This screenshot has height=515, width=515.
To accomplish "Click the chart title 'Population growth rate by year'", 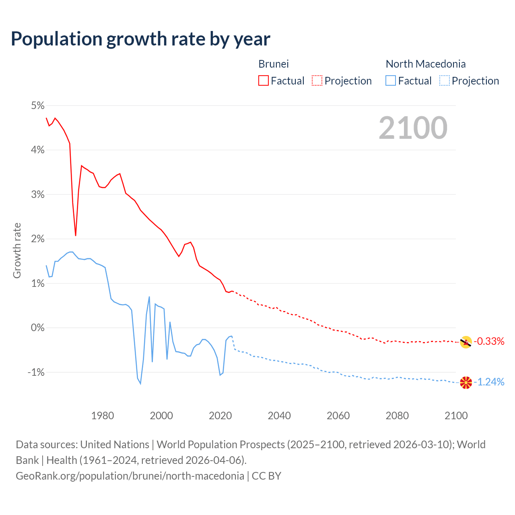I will (140, 39).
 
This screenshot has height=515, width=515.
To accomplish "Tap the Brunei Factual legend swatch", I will (263, 80).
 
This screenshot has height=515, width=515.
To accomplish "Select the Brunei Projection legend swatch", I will (317, 80).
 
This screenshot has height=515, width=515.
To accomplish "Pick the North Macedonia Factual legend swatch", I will (390, 80).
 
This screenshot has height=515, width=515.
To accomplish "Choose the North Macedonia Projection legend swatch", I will (444, 80).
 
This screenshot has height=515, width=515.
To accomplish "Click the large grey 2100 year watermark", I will (413, 128).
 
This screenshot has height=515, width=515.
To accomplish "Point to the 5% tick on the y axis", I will (37, 105).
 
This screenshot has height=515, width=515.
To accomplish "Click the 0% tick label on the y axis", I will (37, 328).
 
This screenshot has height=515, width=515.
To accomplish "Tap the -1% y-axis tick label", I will (36, 372).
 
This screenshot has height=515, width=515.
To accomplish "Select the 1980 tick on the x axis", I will (103, 416).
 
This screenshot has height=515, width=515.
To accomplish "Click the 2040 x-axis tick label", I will (279, 416).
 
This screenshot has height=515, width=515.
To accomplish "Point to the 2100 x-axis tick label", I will (456, 416).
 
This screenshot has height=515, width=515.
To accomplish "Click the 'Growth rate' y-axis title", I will (17, 250).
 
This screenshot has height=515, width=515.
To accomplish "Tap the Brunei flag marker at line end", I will (466, 342).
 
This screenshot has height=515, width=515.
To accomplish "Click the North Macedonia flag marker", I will (466, 383).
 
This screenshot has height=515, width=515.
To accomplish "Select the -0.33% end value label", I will (489, 342).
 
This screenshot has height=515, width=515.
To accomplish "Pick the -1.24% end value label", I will (489, 382).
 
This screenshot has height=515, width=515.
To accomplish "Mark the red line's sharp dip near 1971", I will (76, 235).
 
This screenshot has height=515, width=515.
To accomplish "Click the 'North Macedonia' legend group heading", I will (426, 64).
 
